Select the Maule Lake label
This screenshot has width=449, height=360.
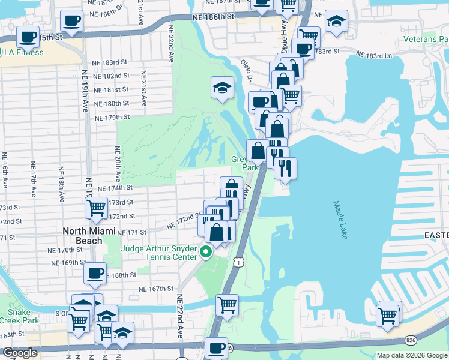340,220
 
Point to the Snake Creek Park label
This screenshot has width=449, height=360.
15,317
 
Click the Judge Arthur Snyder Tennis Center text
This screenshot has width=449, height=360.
160,253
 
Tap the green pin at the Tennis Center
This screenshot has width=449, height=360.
206,253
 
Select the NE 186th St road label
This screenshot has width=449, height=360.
214,19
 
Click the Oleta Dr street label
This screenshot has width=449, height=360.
247,70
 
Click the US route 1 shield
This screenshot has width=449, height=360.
239,262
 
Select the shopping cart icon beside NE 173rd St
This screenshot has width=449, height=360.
97,208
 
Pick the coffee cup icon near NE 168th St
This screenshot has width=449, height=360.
95,274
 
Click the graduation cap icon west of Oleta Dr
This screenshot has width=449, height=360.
222,88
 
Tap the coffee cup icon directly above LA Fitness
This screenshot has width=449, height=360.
28,37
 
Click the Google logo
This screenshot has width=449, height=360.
19,353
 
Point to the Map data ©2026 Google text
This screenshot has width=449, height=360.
411,355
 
